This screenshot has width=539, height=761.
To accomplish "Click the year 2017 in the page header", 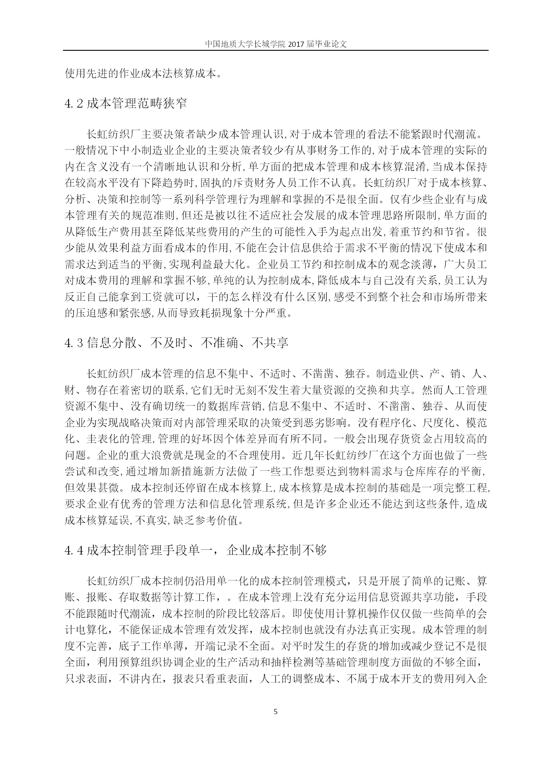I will [296, 44].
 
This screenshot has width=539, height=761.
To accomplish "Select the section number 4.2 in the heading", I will [73, 104].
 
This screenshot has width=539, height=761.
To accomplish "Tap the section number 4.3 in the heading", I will [73, 343].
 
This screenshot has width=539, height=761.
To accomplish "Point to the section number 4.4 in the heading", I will [73, 551].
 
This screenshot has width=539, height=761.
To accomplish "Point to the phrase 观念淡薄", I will [402, 264].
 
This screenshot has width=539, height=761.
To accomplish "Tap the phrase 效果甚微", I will [103, 488].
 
